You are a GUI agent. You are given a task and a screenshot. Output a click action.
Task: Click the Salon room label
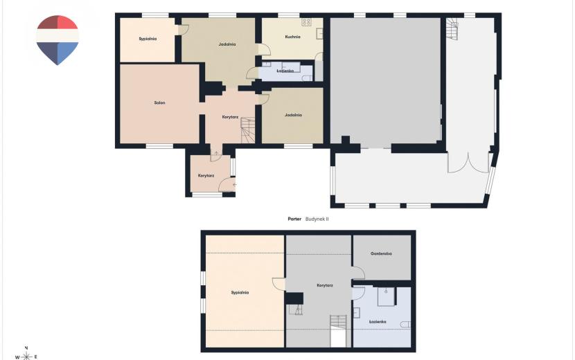[x=159, y=103]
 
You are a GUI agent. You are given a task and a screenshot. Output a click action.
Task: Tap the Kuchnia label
[x=292, y=37]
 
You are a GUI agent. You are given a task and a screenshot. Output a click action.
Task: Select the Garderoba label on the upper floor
[x=381, y=253]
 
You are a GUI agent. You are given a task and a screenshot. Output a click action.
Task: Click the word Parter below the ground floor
[x=294, y=219]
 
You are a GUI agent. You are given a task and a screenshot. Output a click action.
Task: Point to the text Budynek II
[x=317, y=219]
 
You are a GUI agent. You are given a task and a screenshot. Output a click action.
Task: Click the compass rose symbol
[x=26, y=356]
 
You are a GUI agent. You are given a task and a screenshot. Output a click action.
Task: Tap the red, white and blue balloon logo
[x=57, y=40]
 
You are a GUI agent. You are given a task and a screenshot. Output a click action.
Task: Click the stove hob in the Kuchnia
[x=306, y=22]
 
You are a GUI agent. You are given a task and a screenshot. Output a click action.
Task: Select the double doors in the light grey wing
[x=468, y=163]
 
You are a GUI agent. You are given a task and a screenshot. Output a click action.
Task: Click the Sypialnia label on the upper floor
[x=240, y=293]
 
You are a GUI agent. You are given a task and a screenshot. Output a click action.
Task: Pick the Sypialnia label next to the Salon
[x=148, y=39]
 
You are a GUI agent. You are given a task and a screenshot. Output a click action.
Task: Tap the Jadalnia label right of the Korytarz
[x=293, y=115]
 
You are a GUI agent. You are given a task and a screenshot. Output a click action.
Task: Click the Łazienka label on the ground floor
[x=285, y=71]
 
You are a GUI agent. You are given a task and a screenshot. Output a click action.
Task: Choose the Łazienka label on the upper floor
[x=378, y=321]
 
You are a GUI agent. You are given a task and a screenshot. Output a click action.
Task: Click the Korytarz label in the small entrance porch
[x=206, y=176]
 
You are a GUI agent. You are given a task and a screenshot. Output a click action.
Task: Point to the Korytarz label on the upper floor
[x=325, y=285]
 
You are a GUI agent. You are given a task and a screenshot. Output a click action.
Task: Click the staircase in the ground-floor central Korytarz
[x=248, y=130]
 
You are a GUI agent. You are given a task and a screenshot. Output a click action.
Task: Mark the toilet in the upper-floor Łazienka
[x=405, y=325]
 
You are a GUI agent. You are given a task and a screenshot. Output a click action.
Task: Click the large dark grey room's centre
[x=385, y=80]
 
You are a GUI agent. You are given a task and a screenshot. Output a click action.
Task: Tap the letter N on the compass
[x=26, y=348]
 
